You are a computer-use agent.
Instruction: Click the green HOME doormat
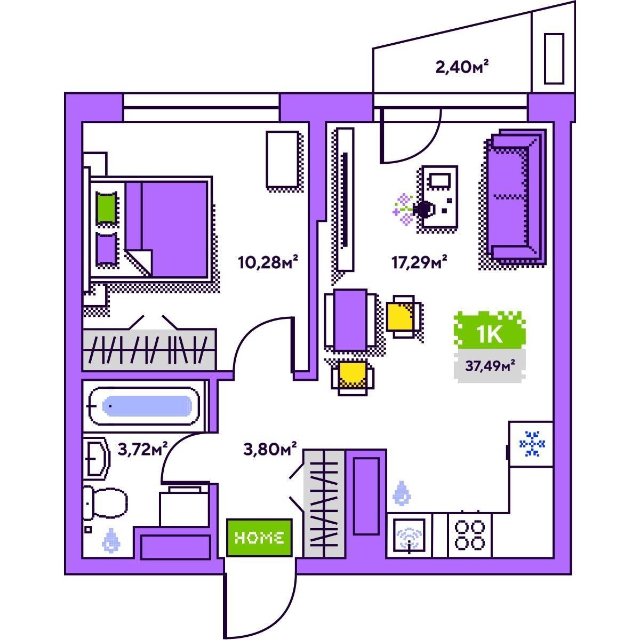tap(259, 538)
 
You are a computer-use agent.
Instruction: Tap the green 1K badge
tap(490, 330)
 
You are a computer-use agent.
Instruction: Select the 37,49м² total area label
tap(490, 366)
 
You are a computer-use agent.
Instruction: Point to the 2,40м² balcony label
tap(462, 67)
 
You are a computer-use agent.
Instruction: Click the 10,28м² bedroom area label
tap(268, 262)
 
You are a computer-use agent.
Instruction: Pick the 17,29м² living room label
tap(420, 262)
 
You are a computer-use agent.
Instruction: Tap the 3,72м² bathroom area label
tap(142, 450)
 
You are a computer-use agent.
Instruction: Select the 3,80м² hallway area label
tap(270, 450)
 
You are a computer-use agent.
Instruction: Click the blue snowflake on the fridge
tap(532, 444)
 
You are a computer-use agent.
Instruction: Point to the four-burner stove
tap(469, 535)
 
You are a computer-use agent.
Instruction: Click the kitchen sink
tap(409, 535)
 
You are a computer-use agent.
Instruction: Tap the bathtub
tap(145, 406)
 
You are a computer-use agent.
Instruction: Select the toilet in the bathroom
tap(104, 503)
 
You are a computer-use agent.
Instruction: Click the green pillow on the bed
tap(107, 208)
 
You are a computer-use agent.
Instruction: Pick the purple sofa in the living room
tap(516, 197)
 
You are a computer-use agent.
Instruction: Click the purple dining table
tap(350, 321)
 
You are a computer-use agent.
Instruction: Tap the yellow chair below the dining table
tap(353, 377)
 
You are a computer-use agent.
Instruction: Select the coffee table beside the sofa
tap(439, 197)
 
